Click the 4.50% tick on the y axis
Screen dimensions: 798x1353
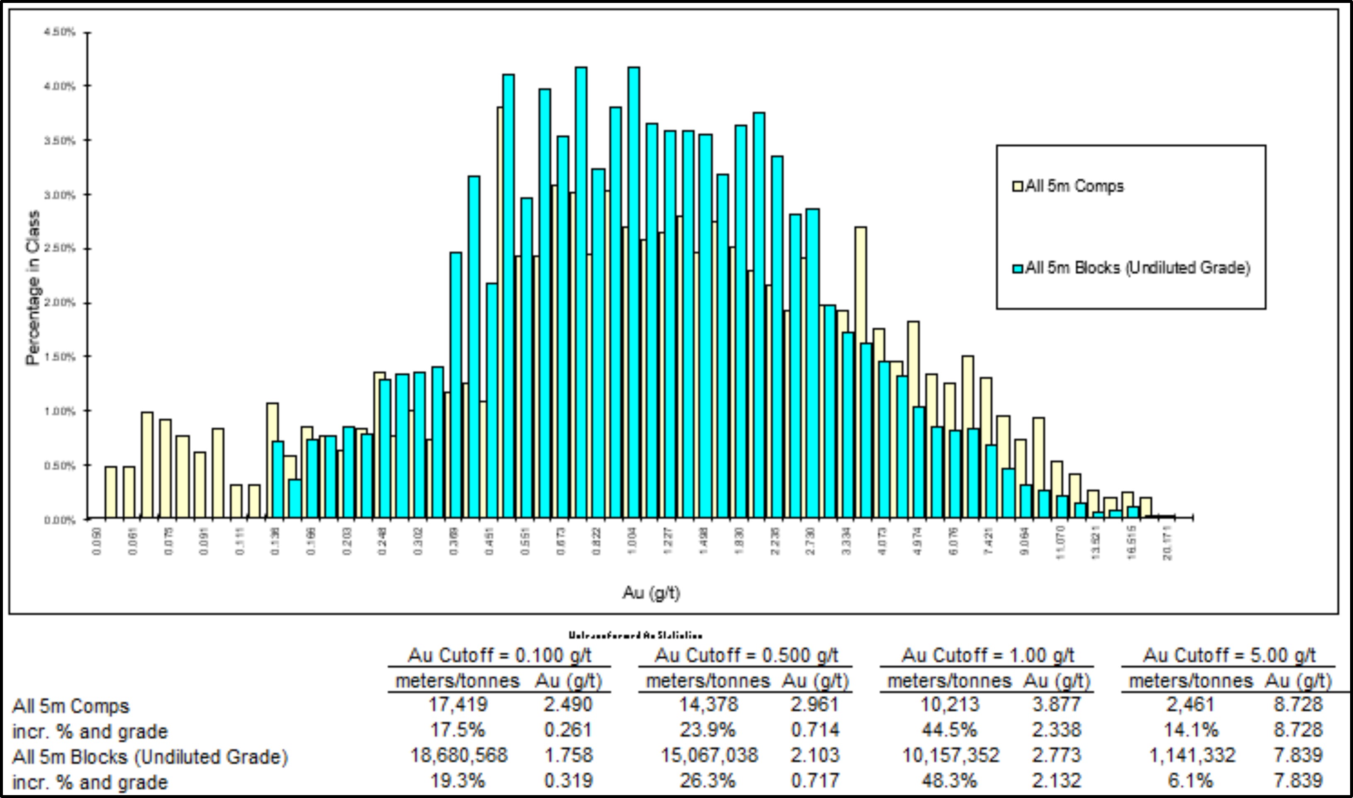point(59,32)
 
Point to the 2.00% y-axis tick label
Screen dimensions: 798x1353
point(59,303)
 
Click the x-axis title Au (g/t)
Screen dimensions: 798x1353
point(651,593)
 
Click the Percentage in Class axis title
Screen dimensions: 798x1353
point(33,288)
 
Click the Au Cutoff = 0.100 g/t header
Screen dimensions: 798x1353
point(499,655)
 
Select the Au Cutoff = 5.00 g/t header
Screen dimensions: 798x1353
point(1229,655)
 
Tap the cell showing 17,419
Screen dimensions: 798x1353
point(458,704)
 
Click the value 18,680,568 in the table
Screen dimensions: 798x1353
point(458,755)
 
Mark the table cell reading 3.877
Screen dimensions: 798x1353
point(1056,704)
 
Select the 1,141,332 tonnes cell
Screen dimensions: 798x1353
point(1192,755)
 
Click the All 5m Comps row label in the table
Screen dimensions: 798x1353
point(71,706)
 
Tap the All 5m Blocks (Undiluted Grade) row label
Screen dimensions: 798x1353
point(150,757)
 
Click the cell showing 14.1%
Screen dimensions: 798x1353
point(1191,730)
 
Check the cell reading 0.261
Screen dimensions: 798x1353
point(568,730)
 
